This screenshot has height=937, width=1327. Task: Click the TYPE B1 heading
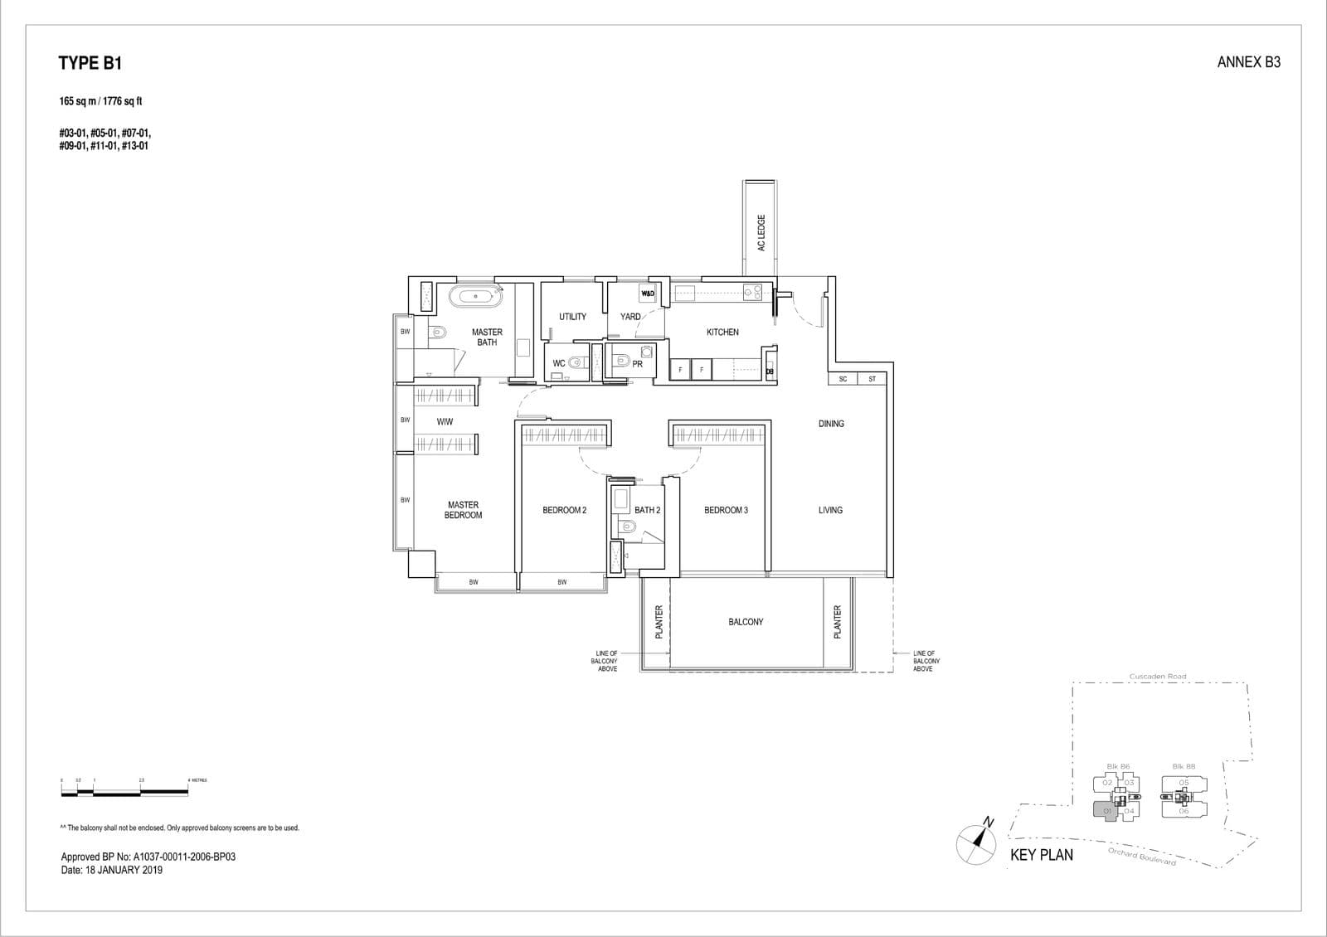coord(90,63)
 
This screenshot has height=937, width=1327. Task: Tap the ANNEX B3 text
coord(1248,62)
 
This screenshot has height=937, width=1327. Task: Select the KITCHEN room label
coord(722,333)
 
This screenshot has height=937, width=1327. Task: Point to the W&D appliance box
coord(648,294)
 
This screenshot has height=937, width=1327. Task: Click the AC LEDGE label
coord(761,233)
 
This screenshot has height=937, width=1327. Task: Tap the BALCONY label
coord(746,622)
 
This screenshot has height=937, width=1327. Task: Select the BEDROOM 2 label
coord(564,510)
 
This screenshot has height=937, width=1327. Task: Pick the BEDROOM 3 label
coord(726,510)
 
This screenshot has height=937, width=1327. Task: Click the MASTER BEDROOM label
coord(463,510)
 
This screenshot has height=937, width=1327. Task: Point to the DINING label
coord(831,424)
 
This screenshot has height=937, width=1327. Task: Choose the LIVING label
coord(830,510)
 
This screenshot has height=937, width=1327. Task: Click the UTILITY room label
coord(572,317)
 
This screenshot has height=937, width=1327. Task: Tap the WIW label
coord(445,422)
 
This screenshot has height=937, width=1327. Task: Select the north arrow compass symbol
coord(976,843)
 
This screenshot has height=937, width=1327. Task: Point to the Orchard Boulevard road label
coord(1142,857)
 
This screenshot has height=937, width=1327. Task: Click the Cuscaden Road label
coord(1158,677)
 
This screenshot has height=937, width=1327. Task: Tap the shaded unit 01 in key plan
coord(1105,811)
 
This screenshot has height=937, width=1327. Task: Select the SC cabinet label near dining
coord(843,379)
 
